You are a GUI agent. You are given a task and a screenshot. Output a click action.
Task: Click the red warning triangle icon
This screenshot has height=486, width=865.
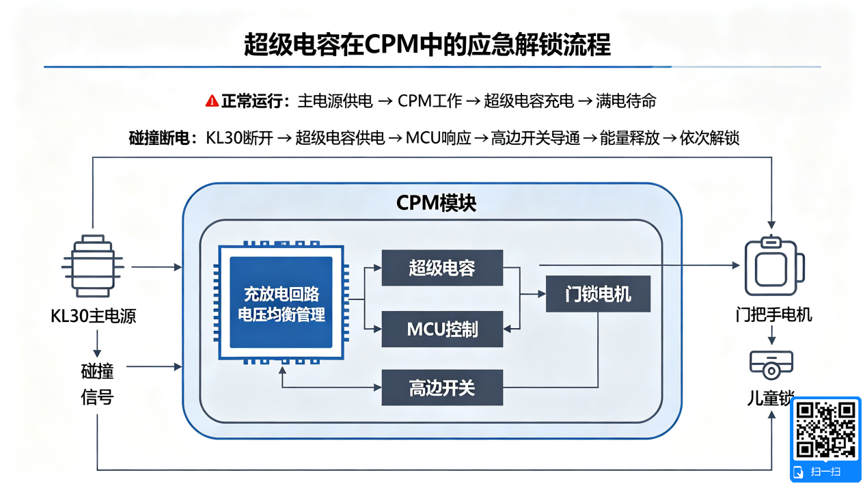[x=212, y=101]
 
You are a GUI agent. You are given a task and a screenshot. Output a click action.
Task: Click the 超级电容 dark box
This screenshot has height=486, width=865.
[x=442, y=268]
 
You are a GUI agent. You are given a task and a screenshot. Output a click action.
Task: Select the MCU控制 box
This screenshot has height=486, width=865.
[x=442, y=329]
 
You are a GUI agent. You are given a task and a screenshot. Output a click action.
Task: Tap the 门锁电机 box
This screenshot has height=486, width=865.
[x=598, y=294]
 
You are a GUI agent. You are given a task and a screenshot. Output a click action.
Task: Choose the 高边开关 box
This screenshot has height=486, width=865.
[x=442, y=388]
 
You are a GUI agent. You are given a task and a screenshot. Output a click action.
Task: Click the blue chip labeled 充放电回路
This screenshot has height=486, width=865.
[x=281, y=302]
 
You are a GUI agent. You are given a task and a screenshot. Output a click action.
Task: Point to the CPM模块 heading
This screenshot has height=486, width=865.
[x=436, y=203]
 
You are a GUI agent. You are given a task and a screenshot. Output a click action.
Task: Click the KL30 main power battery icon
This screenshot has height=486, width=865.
[x=93, y=266]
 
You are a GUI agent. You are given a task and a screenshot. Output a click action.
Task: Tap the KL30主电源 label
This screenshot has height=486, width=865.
[x=93, y=316]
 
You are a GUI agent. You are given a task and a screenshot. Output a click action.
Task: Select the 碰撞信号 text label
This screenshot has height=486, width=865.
[x=97, y=384]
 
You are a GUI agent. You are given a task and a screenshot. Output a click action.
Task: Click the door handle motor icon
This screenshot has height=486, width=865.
[x=774, y=265]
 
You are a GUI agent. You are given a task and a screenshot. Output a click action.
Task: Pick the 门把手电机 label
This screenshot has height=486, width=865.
[x=773, y=314]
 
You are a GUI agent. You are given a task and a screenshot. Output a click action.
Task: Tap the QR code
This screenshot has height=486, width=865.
[x=825, y=429]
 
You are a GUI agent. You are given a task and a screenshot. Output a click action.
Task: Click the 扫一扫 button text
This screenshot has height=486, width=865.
[x=825, y=472]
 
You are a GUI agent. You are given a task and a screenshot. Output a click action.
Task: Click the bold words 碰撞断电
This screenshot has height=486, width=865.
[x=159, y=138]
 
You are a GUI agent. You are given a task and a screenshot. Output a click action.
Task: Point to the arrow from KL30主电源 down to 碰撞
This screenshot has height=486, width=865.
[x=97, y=343]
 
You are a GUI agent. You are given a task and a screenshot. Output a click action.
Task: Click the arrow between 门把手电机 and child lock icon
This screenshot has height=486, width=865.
[x=771, y=335]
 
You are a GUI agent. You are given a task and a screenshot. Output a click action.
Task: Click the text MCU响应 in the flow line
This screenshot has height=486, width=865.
[x=438, y=138]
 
